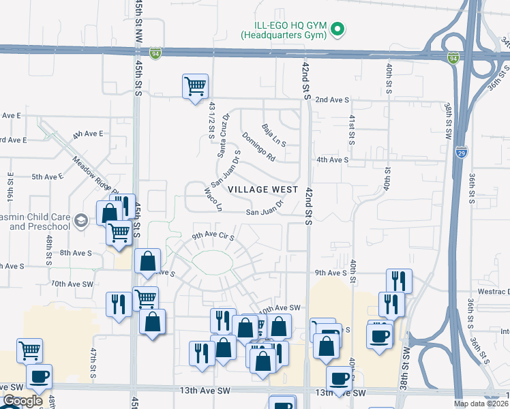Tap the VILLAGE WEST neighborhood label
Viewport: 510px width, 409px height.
click(263, 189)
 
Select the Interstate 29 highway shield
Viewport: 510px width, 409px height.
click(462, 153)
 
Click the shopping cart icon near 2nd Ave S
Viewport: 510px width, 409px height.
click(195, 87)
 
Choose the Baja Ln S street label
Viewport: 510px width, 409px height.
click(274, 134)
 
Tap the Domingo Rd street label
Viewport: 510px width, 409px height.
click(258, 147)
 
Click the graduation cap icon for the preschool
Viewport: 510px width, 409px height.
click(81, 219)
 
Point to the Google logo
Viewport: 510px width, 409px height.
click(22, 401)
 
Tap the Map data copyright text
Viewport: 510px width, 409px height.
click(481, 404)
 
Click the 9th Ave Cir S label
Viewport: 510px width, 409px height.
click(213, 237)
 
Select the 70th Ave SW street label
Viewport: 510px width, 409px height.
click(67, 283)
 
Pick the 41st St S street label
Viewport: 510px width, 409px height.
click(352, 129)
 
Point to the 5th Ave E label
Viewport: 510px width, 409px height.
click(47, 176)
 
